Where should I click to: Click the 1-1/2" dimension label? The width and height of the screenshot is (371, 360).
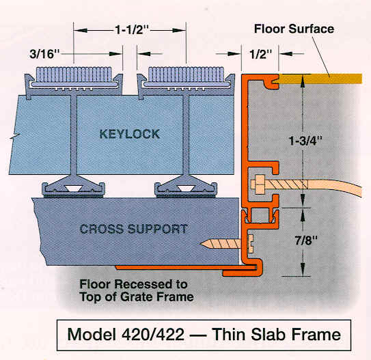pos(132,30)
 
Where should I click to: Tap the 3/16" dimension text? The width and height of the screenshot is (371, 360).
pos(44,54)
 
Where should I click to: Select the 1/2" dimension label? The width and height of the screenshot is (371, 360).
pos(261,54)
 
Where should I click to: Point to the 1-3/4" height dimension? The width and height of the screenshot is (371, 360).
pos(305,141)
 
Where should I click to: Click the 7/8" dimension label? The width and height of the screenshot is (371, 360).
pos(305,241)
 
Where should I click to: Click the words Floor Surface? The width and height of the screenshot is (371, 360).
pos(294,29)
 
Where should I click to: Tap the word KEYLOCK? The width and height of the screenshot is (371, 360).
pos(129,134)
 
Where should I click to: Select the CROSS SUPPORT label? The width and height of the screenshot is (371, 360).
pos(134,229)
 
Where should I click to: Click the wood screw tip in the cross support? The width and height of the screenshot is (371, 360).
pos(201,244)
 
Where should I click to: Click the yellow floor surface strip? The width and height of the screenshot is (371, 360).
pos(320,79)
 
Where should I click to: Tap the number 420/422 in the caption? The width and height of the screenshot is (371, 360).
pos(153,335)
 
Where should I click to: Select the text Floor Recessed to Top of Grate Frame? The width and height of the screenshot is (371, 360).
pos(137,291)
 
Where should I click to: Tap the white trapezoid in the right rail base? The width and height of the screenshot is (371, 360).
pos(186,189)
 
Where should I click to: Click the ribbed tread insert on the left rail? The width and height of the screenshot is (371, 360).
pos(74,74)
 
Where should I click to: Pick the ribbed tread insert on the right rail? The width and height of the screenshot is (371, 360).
pos(186,74)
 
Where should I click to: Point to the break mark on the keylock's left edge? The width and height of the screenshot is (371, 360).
pos(14,137)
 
